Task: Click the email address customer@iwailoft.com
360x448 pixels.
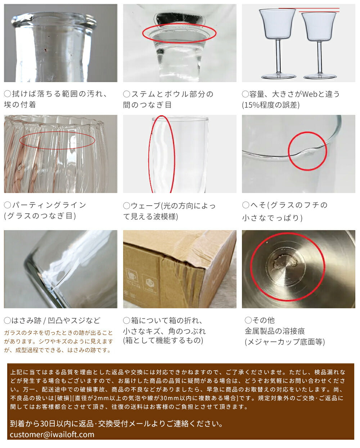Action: [x=52, y=434]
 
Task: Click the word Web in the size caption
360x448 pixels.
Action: [x=310, y=94]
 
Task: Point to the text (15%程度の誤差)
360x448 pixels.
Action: [x=271, y=105]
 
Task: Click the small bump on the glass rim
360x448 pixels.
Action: [x=308, y=151]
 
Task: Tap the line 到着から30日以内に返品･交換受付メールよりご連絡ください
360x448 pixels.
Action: [x=117, y=424]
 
